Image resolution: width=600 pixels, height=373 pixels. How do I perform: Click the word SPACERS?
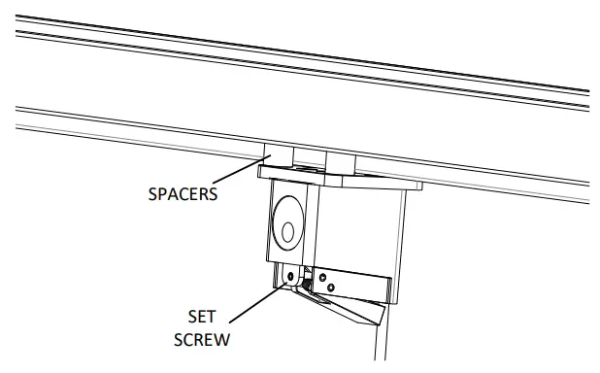point(182,192)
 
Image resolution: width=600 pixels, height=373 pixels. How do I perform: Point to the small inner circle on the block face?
point(287,231)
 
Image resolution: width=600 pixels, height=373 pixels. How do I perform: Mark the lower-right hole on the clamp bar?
point(332,288)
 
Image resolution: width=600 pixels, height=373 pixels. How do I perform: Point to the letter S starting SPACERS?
point(151,192)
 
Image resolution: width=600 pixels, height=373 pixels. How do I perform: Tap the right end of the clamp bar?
point(389,289)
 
